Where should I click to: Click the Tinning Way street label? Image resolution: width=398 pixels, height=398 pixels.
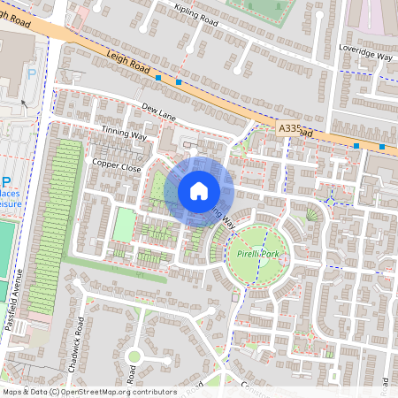pos(124,132)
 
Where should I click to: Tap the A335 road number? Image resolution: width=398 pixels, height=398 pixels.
pos(291,128)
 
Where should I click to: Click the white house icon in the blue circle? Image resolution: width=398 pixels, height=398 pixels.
pos(199,191)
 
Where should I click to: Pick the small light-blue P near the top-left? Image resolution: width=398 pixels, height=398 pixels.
pos(33,75)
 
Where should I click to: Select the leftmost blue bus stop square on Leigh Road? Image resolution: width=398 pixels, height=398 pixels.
pos(157,79)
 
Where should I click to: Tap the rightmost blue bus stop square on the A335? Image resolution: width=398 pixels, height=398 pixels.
pos(381,147)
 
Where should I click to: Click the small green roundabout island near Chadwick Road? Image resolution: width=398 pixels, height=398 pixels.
pos(134,356)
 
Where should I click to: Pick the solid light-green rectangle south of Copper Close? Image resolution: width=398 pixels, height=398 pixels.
pos(124,225)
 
